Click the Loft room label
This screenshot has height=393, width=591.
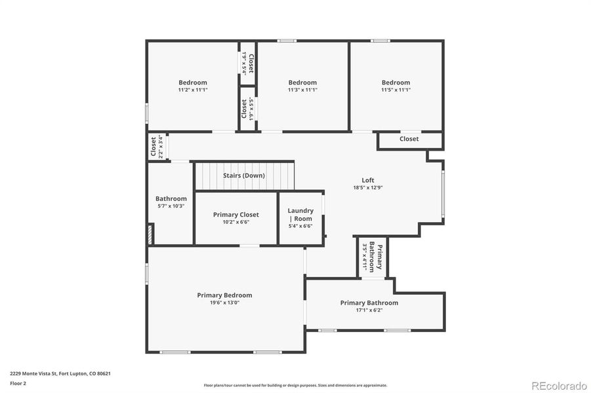pos(368,180)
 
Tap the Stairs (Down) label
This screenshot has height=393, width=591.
pos(244,176)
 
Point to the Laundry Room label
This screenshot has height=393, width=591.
pos(300,215)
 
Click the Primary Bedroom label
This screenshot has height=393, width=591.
pos(224,295)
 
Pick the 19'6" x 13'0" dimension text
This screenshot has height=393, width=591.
pos(224,303)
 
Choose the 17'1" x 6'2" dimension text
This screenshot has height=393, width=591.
pos(369,310)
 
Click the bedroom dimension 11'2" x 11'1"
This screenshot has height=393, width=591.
pos(192,90)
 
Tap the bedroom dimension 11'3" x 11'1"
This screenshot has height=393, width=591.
pos(302,90)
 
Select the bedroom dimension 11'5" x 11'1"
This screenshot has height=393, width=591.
pos(396,90)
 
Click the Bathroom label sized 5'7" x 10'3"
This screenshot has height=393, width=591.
pos(171,199)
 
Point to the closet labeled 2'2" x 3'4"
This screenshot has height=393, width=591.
pos(156,147)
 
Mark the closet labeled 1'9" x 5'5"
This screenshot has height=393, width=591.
pos(247,109)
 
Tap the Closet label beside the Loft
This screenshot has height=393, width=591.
pos(409,139)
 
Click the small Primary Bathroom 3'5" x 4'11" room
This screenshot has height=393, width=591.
pos(371,257)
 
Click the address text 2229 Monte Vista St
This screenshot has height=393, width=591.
pos(60,373)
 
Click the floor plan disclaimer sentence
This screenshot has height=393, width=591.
pos(295,385)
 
